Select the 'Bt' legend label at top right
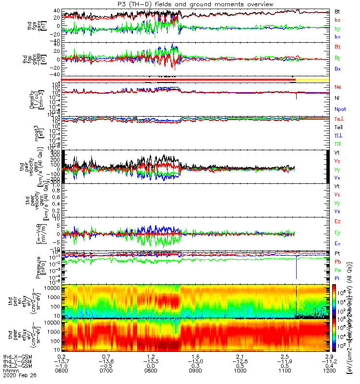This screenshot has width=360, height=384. point(337,12)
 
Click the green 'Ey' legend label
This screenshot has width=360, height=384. point(338,232)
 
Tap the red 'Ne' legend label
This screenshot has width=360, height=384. point(338,87)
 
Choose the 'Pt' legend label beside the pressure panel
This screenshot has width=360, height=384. point(337,253)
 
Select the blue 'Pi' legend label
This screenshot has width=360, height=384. point(337,278)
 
